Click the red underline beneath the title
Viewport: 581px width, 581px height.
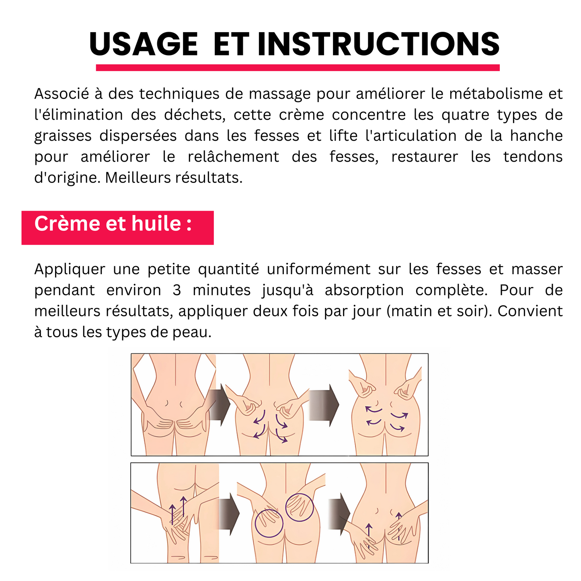coord(298,68)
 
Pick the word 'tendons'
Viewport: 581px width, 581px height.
coord(533,156)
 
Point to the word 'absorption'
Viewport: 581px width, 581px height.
coord(364,290)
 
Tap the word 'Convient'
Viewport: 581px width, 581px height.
coord(530,311)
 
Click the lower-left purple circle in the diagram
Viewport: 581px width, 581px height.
coord(269,523)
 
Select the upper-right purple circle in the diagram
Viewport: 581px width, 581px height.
coord(300,507)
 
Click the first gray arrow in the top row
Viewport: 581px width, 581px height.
coord(219,404)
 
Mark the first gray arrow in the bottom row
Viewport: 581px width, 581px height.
coord(229,514)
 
